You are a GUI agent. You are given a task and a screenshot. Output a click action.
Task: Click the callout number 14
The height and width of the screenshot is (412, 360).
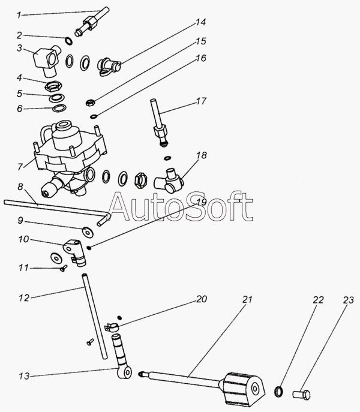point(200,22)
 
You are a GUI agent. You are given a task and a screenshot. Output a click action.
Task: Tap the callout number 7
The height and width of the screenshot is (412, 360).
point(20,167)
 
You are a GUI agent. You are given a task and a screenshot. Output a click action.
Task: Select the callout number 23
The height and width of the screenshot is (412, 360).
point(349,300)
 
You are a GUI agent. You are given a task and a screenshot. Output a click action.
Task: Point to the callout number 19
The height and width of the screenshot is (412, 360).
point(202,202)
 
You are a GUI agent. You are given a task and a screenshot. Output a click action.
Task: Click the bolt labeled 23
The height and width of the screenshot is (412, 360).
point(302,395)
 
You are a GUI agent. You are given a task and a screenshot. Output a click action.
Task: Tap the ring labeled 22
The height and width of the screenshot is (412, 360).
point(279,391)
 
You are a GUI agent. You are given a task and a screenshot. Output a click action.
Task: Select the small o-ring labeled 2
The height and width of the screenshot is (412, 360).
point(69,41)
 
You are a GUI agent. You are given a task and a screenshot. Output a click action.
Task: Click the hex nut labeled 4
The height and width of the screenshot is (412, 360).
point(54,86)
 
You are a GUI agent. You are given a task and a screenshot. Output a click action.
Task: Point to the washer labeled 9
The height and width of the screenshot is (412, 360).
point(88,232)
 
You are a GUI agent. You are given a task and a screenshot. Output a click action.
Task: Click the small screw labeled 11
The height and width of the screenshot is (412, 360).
point(64,268)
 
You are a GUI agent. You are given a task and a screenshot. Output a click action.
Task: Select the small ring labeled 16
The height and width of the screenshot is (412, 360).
point(94,116)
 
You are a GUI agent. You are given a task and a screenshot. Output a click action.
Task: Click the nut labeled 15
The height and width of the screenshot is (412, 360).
point(90,102)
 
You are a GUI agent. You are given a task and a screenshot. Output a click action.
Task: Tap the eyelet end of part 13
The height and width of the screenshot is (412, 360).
point(124,372)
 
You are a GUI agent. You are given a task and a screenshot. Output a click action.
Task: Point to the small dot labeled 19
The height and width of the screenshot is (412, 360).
point(89,247)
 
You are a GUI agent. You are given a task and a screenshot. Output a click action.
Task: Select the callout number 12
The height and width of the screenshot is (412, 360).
point(24,297)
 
